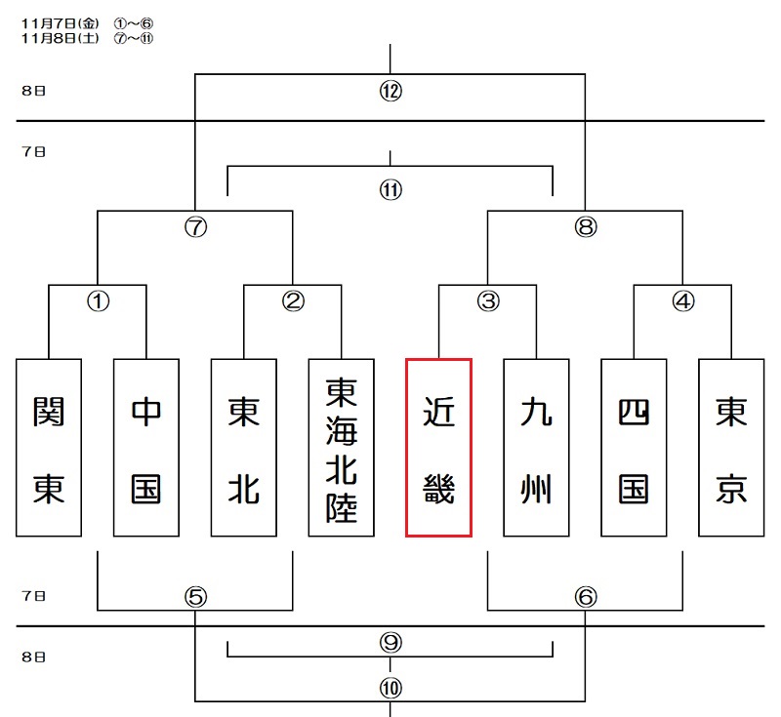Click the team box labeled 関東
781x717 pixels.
(49, 448)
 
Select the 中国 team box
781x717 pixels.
(146, 448)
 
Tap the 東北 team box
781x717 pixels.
(244, 448)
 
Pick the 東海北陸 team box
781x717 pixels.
(342, 448)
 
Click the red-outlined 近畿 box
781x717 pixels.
(439, 448)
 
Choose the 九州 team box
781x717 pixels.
(537, 448)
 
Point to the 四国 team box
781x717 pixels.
(635, 448)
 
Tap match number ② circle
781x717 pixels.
(293, 301)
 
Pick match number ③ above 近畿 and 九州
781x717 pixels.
(488, 301)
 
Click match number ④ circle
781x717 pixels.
(683, 301)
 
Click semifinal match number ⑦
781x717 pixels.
(195, 227)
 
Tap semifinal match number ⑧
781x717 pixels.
(585, 227)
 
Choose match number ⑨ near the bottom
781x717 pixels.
(390, 643)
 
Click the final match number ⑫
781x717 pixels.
(390, 92)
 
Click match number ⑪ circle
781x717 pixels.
(390, 189)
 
